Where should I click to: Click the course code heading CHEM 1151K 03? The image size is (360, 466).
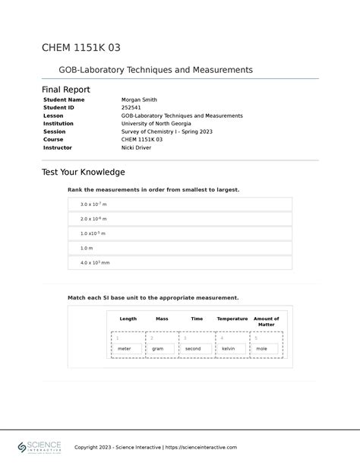81,48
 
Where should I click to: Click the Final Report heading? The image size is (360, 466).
65,90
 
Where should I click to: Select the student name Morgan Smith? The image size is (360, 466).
139,100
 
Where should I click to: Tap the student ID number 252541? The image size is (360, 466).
131,108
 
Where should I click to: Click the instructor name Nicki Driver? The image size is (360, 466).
136,147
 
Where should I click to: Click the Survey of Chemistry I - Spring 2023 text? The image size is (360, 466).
166,132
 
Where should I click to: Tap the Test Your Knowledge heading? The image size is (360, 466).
83,173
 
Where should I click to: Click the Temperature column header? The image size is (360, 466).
232,319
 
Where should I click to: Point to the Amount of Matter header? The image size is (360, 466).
266,322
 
